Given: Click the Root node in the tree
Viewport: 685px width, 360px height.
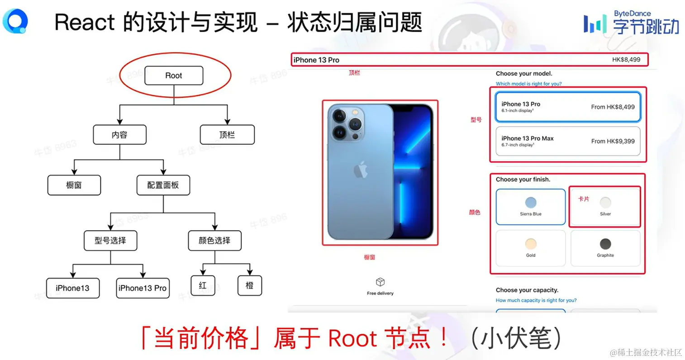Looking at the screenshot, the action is click(174, 76).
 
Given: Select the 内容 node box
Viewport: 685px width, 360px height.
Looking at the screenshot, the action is click(119, 135).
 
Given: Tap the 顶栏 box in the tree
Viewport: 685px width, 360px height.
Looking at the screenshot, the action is click(227, 135).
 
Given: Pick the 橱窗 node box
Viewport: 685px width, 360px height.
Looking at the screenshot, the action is click(74, 185).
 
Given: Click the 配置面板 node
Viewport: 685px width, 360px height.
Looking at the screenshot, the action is click(163, 185).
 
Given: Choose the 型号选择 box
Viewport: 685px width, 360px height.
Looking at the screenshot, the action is click(110, 240).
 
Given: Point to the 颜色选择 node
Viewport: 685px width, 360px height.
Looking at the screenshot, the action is click(214, 240).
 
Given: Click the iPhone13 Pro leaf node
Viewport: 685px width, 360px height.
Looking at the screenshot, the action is click(143, 288).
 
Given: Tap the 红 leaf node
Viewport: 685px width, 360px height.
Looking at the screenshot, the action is click(203, 285).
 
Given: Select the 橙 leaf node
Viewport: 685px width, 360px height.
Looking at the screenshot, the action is click(249, 285).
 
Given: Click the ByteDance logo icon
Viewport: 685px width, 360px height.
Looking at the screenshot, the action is click(595, 24).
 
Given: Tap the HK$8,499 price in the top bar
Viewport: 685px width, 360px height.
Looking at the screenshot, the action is click(626, 60).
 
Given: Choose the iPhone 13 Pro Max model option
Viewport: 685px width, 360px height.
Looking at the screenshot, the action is click(568, 141).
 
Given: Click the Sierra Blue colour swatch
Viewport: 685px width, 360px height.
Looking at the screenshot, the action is click(531, 203).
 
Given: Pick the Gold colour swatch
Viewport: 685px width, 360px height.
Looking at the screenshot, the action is click(531, 244).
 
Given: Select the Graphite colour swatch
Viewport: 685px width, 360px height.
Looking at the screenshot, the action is click(605, 244).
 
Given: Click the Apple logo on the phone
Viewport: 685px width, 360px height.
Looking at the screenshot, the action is click(360, 170).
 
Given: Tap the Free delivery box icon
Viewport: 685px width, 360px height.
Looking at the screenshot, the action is click(380, 282).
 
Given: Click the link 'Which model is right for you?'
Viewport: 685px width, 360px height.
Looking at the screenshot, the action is click(528, 84).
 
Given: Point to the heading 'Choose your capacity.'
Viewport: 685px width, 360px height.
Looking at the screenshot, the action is click(527, 290).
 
